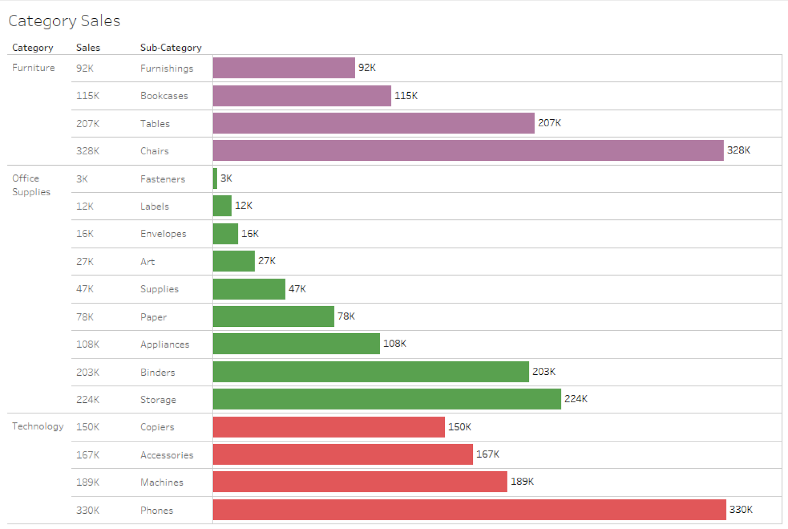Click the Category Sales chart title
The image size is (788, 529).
coord(65,21)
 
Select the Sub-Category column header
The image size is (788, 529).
coord(171,47)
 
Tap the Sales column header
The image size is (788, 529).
coord(88,47)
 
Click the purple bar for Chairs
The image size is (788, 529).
coord(468,150)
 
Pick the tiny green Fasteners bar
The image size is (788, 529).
coord(215,178)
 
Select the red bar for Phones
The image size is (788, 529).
coord(470,510)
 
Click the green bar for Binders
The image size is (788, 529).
coord(371,372)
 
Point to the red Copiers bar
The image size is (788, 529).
coord(329,427)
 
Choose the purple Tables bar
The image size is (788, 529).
coord(374,123)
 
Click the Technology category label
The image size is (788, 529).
coord(38,426)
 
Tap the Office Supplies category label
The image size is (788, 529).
coord(32,185)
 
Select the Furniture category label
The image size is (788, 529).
coord(33,68)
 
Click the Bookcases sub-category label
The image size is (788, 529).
coord(164,96)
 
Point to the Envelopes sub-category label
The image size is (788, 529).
coord(163,234)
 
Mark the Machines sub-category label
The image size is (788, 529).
coord(162,482)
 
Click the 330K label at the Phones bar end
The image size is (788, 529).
coord(741,510)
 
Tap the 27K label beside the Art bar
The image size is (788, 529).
coord(267,261)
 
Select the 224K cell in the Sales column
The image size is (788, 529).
coord(88,399)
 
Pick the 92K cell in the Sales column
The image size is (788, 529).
coord(85,69)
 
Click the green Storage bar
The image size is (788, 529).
coord(387,399)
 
